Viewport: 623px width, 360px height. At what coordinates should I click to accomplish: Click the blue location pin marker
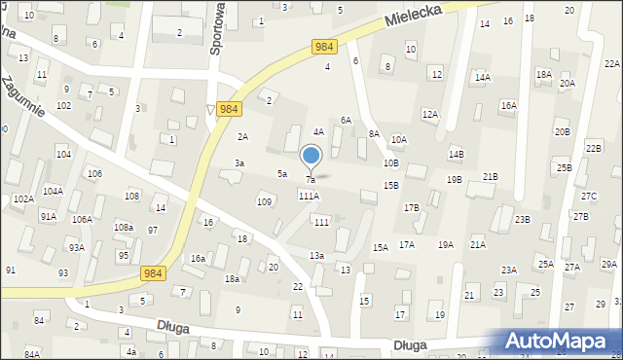click(311, 157)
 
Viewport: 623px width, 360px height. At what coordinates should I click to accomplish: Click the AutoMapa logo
click(561, 341)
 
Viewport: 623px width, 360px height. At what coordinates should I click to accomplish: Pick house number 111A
click(309, 196)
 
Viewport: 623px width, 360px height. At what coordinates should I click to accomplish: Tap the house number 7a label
click(311, 180)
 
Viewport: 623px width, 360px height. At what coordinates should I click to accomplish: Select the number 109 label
click(263, 201)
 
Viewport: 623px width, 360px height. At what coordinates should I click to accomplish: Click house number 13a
click(316, 255)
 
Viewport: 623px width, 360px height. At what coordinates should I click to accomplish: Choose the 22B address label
click(594, 148)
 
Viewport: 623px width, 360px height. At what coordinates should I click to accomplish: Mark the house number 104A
click(53, 192)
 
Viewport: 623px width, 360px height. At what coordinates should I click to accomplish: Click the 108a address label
click(124, 227)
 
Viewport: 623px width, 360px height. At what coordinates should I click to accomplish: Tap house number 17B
click(412, 207)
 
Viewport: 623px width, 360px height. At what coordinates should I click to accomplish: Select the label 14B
click(457, 154)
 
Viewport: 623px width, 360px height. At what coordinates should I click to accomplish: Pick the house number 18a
click(233, 278)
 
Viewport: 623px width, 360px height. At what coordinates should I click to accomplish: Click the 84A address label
click(32, 354)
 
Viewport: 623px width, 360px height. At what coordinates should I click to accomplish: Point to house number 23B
click(523, 219)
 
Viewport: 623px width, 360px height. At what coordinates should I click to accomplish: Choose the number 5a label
click(282, 173)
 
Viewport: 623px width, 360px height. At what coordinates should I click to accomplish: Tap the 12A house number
click(429, 114)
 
